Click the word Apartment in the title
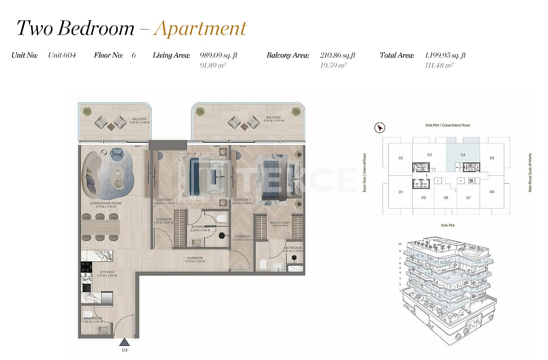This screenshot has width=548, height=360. tap(200, 28)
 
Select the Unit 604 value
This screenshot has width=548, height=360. tap(62, 55)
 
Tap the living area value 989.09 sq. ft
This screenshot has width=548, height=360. tap(218, 55)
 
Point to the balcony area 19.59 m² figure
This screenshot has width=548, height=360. tap(334, 65)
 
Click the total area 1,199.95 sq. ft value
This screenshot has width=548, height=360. tap(445, 55)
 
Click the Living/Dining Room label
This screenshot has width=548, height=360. tap(106, 203)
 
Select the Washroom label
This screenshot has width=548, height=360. tap(92, 318)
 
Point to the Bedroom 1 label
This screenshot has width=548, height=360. tap(164, 200)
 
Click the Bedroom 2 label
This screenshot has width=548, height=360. tap(242, 200)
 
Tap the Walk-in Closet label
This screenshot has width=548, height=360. tap(279, 223)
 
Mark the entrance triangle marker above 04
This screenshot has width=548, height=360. tap(124, 342)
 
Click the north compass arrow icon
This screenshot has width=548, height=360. tap(380, 127)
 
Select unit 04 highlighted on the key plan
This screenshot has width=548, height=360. tap(463, 154)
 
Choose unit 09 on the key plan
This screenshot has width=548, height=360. tap(424, 198)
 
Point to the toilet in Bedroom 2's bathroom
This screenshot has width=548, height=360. tap(263, 264)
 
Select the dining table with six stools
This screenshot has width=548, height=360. tap(100, 227)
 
